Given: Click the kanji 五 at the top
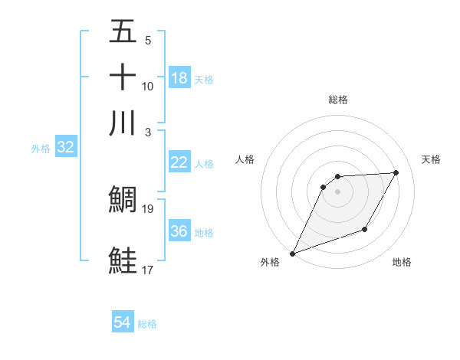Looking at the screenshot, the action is point(123,32).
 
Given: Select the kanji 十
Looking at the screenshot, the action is point(123,77).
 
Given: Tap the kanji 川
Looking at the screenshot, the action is point(123,123).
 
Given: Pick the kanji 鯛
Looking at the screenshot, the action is point(123,198).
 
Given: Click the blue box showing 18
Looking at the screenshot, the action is point(179,77).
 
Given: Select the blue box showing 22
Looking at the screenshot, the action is point(179,162).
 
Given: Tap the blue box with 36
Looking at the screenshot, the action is point(179,231).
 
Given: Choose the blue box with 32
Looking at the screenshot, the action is point(65,148).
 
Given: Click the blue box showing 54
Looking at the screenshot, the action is point(123,323).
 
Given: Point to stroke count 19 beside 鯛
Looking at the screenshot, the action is point(148,208).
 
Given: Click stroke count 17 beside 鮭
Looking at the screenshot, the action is point(148,270).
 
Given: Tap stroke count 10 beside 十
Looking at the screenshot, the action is point(148,87).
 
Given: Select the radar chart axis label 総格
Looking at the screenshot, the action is point(338,100).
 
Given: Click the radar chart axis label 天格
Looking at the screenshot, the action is point(432,159).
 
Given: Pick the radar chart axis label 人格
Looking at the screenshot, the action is point(245,159).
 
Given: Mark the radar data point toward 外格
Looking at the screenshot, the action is point(292,254).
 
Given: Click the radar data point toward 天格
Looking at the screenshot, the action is point(396,172).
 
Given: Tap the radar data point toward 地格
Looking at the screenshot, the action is point(365,229).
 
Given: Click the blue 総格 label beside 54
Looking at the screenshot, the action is point(147,324).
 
